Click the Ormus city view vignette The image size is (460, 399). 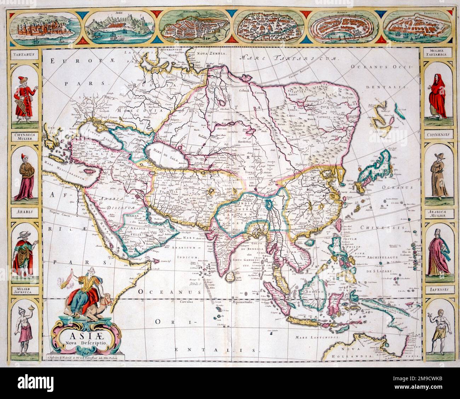(x=44, y=28)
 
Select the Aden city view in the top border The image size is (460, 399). (x=118, y=28)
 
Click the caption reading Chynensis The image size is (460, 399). (x=438, y=135)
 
